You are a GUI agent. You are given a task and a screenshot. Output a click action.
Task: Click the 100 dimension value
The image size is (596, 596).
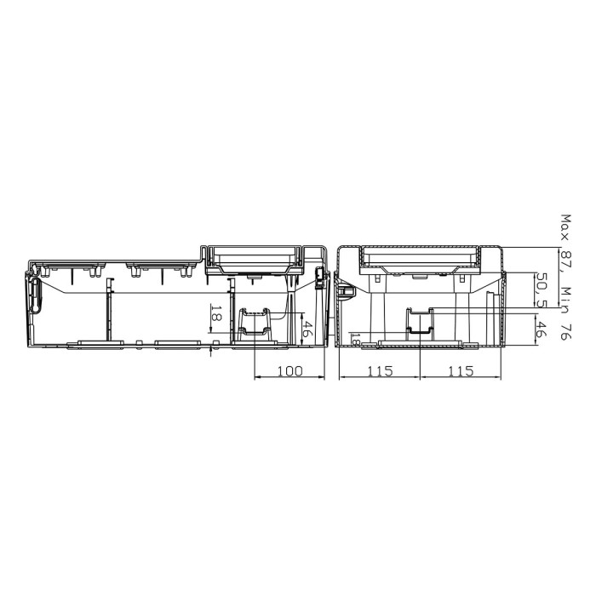click(289, 371)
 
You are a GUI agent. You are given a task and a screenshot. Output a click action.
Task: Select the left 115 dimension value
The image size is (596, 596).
click(380, 371)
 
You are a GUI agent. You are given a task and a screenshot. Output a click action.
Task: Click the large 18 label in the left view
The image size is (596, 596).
click(216, 315)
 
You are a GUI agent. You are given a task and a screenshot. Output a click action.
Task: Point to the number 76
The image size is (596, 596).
click(564, 330)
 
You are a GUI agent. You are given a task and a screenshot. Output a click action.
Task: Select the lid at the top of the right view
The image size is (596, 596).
click(420, 256)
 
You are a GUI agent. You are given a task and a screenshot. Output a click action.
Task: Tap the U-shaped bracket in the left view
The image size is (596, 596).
click(255, 323)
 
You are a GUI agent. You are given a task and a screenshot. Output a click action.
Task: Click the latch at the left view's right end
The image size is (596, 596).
click(321, 274)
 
